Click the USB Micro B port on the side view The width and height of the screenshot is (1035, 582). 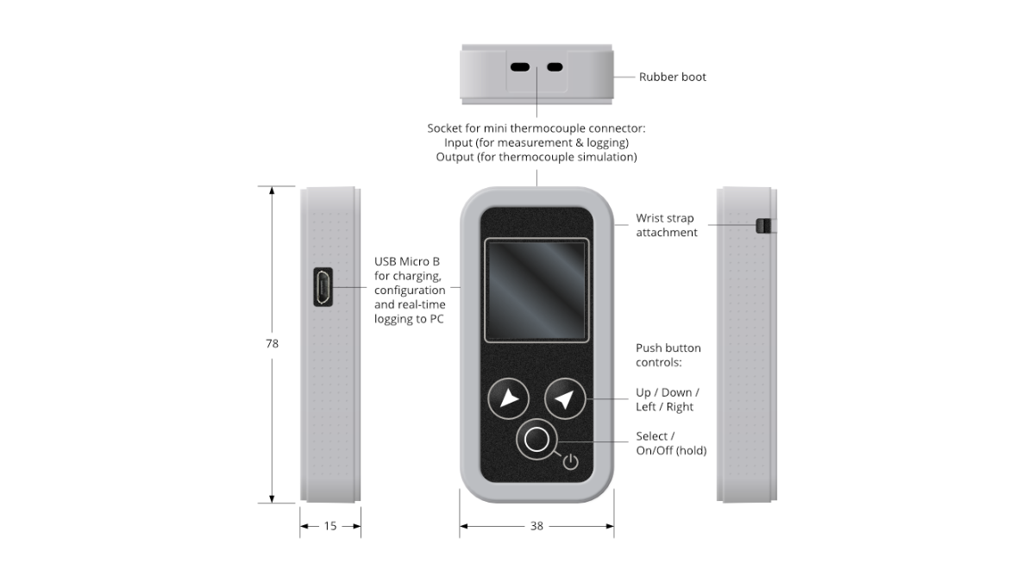pos(323,287)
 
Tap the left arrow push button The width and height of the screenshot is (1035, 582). pos(509,398)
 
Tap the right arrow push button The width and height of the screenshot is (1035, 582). pos(565,398)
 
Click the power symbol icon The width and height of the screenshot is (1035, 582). pos(571,462)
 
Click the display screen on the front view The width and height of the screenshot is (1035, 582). pos(536,291)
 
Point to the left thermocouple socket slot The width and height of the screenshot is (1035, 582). pos(520,67)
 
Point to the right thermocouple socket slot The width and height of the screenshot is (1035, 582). pos(555,67)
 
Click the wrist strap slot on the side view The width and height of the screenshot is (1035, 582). pos(763,226)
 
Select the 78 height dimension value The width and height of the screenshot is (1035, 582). pos(273,344)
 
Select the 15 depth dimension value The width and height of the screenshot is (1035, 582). pos(330,526)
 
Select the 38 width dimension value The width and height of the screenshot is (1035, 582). pos(536,526)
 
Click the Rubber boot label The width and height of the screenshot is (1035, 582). pos(672,77)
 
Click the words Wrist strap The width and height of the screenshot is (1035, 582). pos(665,218)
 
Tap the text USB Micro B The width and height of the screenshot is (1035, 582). pos(407,261)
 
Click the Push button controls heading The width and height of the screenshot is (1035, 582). pos(668,354)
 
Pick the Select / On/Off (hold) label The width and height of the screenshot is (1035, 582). pos(671,443)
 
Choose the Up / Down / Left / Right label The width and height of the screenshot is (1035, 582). pos(668,399)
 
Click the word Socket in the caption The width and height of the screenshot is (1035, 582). pos(444,128)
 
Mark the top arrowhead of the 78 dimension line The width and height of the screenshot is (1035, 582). pos(272,190)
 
